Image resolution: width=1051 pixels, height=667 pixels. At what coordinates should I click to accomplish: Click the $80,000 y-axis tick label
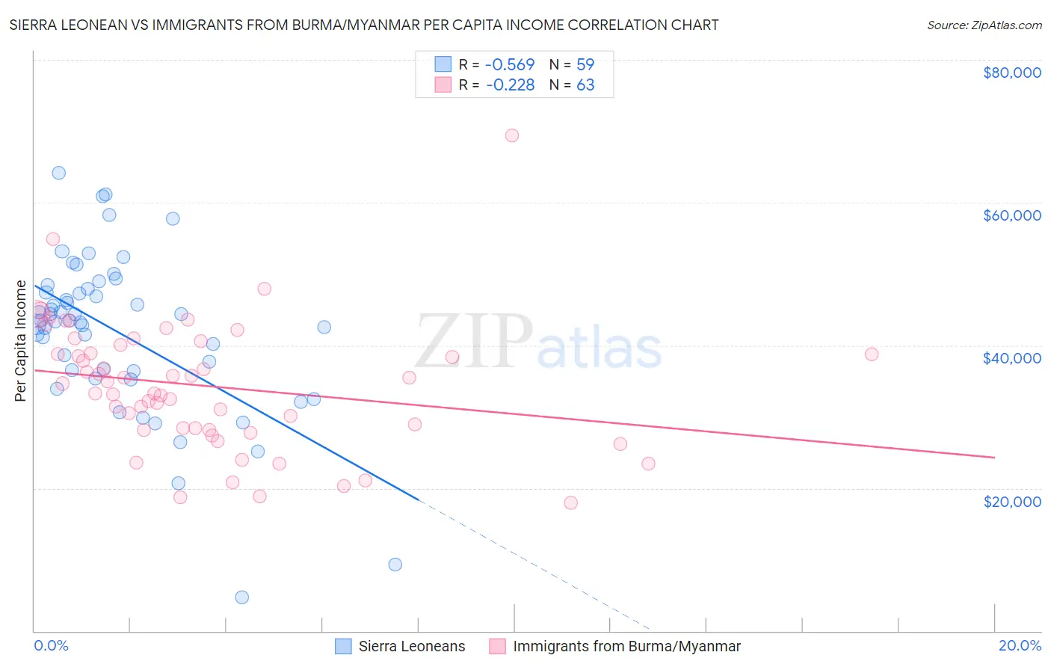[x=1011, y=73]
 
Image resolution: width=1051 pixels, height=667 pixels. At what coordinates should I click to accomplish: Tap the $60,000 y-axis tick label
[x=1011, y=215]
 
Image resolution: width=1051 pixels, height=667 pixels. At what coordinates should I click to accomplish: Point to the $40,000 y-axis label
[x=1011, y=358]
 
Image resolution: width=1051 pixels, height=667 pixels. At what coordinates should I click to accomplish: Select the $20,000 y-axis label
[x=1011, y=501]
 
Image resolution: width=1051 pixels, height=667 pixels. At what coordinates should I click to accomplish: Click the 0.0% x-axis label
[x=51, y=645]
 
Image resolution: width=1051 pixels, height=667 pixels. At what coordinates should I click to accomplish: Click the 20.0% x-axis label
[x=1020, y=645]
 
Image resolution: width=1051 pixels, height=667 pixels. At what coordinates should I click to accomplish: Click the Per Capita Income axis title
[x=21, y=341]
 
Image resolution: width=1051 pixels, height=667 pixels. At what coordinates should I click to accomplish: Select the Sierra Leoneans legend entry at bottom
[x=411, y=646]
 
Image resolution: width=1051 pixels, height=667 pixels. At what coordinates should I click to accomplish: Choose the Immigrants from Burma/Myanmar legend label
[x=626, y=646]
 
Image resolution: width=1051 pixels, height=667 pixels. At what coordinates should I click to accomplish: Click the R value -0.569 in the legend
[x=510, y=64]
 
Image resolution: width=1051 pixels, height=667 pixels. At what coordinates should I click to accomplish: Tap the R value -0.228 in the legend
[x=510, y=84]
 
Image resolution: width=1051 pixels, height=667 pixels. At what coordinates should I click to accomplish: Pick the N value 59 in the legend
[x=585, y=64]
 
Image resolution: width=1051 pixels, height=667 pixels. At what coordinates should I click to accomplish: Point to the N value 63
[x=585, y=84]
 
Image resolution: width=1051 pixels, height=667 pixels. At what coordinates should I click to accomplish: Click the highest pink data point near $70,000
[x=512, y=135]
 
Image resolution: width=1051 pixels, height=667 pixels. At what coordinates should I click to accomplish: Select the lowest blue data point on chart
[x=242, y=597]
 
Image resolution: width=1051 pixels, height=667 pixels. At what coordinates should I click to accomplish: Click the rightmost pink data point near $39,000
[x=872, y=354]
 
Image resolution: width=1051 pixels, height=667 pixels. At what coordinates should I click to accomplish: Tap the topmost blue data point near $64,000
[x=58, y=173]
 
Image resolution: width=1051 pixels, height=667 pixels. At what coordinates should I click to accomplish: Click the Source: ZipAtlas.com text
[x=984, y=25]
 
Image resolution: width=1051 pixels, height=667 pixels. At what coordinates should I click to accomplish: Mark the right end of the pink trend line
[x=994, y=457]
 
